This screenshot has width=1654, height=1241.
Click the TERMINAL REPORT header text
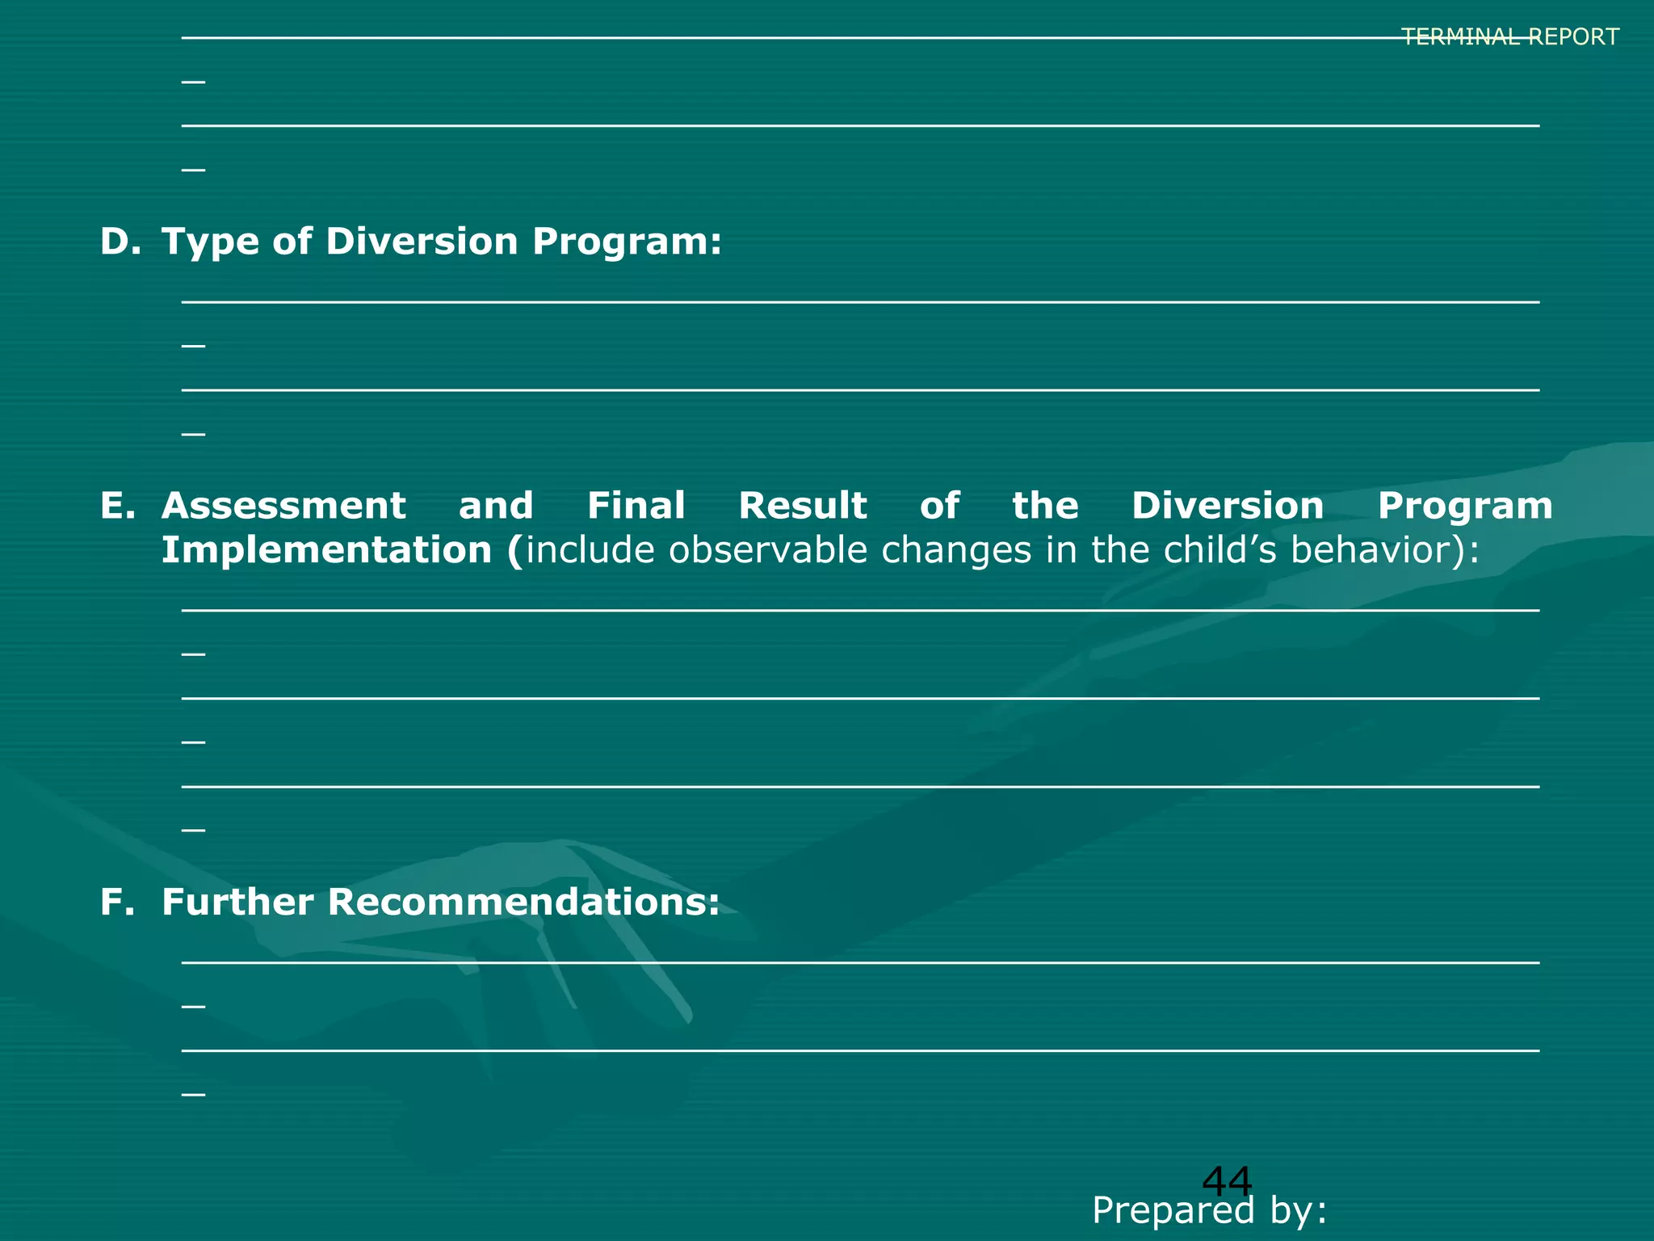pos(1509,37)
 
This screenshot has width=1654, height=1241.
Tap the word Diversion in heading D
pos(422,242)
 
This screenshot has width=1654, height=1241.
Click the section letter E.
pos(118,507)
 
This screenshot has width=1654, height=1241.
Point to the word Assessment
pos(283,507)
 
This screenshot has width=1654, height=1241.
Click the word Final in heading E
pos(636,507)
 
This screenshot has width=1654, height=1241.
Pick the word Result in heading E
pos(803,507)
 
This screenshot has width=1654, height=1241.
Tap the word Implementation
pos(326,551)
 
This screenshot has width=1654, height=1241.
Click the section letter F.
pos(116,902)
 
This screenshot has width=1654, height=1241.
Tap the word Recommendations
pos(523,902)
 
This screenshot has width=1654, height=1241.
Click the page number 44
pos(1227,1182)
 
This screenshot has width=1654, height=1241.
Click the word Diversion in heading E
pos(1228,507)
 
